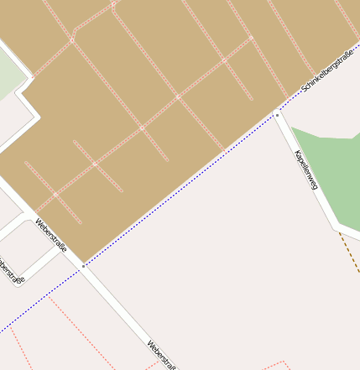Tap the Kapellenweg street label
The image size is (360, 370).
tap(305, 169)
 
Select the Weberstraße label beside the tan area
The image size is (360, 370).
tap(50, 236)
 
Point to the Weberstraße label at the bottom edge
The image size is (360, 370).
tap(162, 355)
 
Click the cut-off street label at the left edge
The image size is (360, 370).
tap(9, 270)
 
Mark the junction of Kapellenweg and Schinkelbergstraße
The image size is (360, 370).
tap(276, 113)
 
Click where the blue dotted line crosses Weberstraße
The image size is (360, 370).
tap(82, 267)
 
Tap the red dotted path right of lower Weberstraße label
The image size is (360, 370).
tap(277, 364)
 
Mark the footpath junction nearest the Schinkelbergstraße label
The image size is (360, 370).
tap(251, 38)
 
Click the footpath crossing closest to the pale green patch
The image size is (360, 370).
tap(72, 39)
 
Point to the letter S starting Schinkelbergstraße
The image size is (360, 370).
tap(304, 89)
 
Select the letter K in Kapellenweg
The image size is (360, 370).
tap(295, 153)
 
